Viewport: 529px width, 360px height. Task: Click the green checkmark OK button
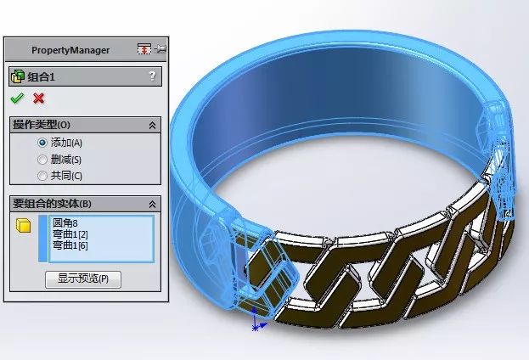coord(17,98)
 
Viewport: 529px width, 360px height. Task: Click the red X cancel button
coord(38,98)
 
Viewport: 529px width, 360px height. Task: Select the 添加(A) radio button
coord(42,143)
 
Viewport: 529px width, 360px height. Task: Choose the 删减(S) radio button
coord(42,159)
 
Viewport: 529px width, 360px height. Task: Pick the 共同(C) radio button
coord(42,176)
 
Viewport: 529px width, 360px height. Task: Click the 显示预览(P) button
coord(89,278)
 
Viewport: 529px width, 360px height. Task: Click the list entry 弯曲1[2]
coord(70,234)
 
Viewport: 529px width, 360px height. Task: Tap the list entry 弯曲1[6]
coord(70,245)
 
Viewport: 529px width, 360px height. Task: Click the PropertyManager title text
coord(70,50)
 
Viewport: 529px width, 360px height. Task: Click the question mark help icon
coord(152,76)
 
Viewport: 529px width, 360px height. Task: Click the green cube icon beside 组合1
coord(17,76)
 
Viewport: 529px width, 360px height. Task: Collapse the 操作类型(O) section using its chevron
coord(152,125)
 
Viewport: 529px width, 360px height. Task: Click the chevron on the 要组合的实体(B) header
coord(152,204)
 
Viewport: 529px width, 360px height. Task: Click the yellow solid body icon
coord(24,226)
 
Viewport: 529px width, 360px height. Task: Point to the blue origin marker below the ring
coord(255,324)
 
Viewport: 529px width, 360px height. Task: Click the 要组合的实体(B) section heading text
coord(53,204)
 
